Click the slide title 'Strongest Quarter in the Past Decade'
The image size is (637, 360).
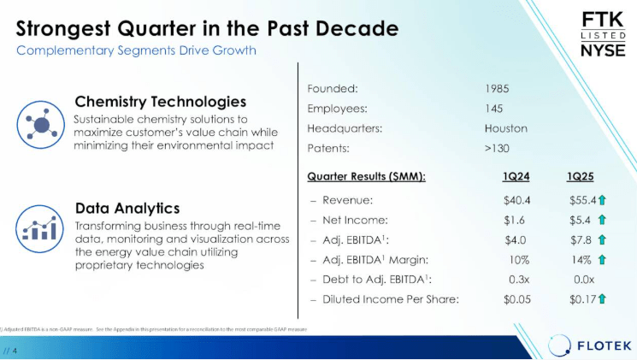208,28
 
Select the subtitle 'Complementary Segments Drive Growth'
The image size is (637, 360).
137,50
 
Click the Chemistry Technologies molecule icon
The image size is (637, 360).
39,124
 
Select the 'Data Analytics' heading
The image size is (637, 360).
127,208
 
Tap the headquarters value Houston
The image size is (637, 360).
505,129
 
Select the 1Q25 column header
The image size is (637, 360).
581,176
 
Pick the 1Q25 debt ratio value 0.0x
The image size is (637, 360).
584,279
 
